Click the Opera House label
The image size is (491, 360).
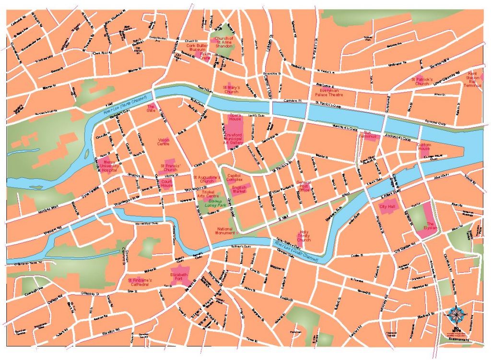[x=235, y=117]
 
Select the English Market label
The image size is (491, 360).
[x=239, y=189]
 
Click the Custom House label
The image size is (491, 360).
[x=424, y=147]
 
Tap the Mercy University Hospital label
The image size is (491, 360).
[x=109, y=166]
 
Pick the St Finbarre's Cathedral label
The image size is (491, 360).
[x=140, y=282]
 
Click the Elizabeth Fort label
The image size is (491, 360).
[x=180, y=276]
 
